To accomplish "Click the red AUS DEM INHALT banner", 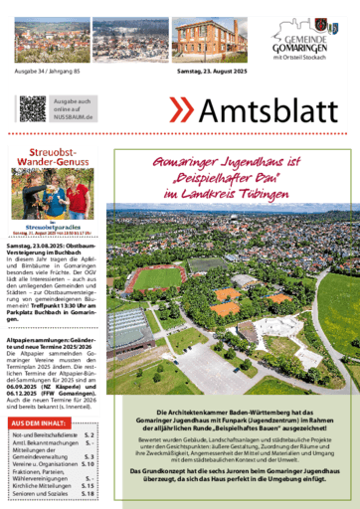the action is [39, 395].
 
